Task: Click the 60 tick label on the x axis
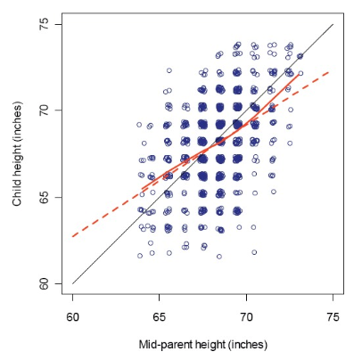[x=72, y=316]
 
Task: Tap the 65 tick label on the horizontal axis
[x=160, y=316]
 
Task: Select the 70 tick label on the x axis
[x=246, y=316]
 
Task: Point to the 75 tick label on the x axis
[x=333, y=316]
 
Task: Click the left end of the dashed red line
[x=72, y=237]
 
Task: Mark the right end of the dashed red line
[x=331, y=71]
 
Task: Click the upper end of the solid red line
[x=299, y=75]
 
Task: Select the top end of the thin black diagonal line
[x=333, y=24]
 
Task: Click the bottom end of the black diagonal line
[x=72, y=284]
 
